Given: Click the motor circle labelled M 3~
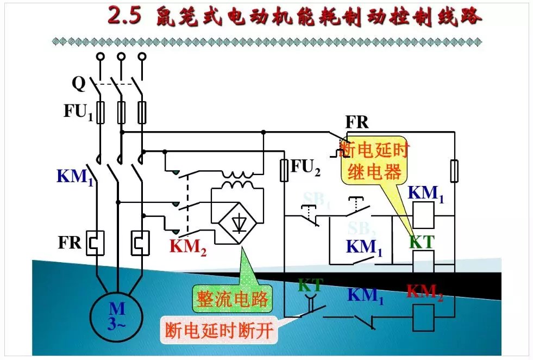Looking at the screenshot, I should tap(117, 315).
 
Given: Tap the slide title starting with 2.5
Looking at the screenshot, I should tap(294, 16).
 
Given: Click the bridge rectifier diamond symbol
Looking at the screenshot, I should tap(237, 222).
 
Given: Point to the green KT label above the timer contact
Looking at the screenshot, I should tap(310, 284).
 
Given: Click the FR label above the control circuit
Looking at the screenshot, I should tap(357, 122).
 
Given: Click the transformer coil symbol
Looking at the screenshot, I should tap(237, 180).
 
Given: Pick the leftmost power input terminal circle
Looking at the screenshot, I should tap(99, 56).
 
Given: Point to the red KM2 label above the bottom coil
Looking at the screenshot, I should tap(425, 293).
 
